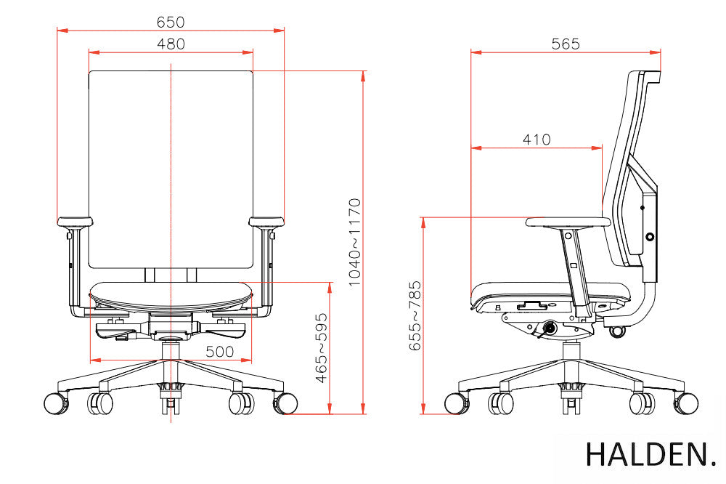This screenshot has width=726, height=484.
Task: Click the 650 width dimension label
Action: pyautogui.click(x=171, y=22)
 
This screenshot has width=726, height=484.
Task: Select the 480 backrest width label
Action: pyautogui.click(x=171, y=44)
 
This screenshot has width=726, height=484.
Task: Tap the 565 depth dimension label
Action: pyautogui.click(x=566, y=44)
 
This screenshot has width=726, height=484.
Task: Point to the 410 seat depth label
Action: pyautogui.click(x=537, y=140)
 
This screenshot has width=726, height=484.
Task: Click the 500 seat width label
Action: pyautogui.click(x=219, y=352)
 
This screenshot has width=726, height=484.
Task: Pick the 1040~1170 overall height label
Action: pyautogui.click(x=355, y=242)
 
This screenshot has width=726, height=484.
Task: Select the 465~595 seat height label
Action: pyautogui.click(x=322, y=348)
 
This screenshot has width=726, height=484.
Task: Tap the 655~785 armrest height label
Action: pyautogui.click(x=415, y=315)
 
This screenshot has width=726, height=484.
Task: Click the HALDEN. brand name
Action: pyautogui.click(x=650, y=454)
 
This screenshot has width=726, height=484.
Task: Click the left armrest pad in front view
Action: pyautogui.click(x=75, y=222)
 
